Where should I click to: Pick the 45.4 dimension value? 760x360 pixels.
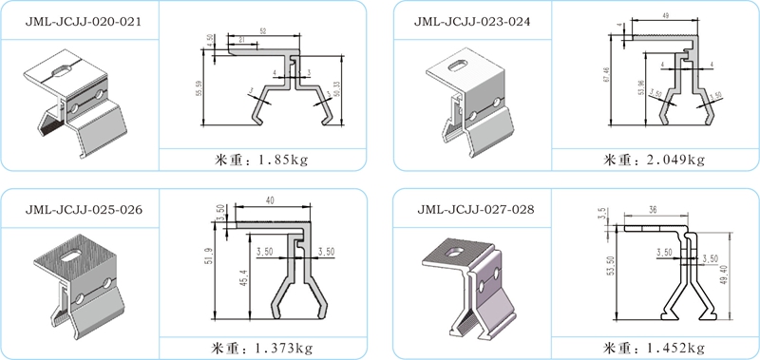click(x=246, y=284)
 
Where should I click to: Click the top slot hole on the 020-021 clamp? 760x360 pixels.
click(x=62, y=68)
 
